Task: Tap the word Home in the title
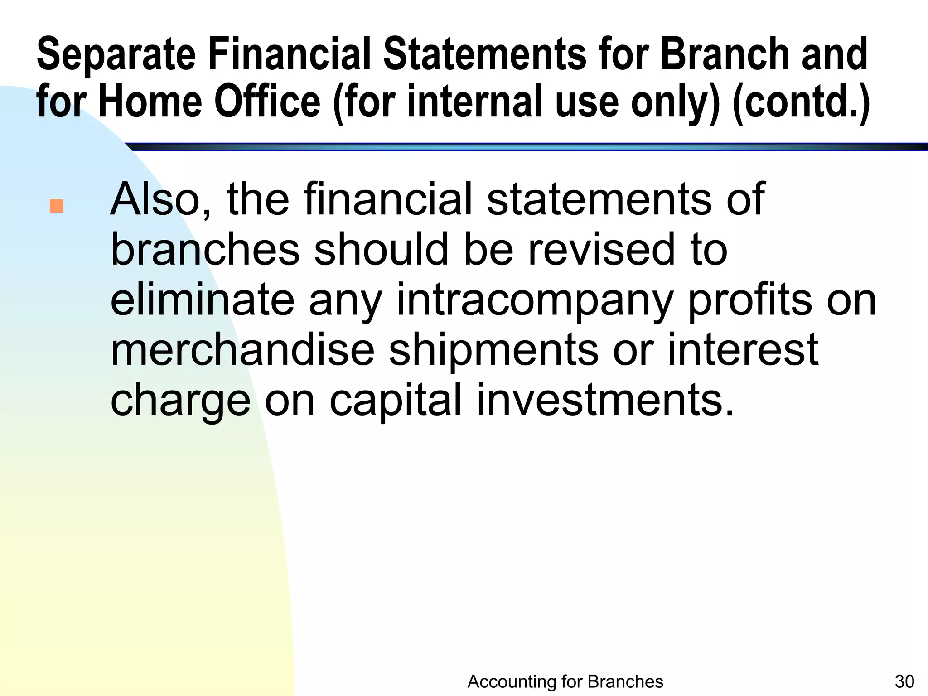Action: pyautogui.click(x=150, y=102)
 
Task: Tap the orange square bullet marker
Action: pyautogui.click(x=57, y=207)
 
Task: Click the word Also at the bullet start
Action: pyautogui.click(x=160, y=199)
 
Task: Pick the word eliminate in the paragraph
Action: pyautogui.click(x=202, y=300)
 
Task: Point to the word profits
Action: pyautogui.click(x=749, y=300)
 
